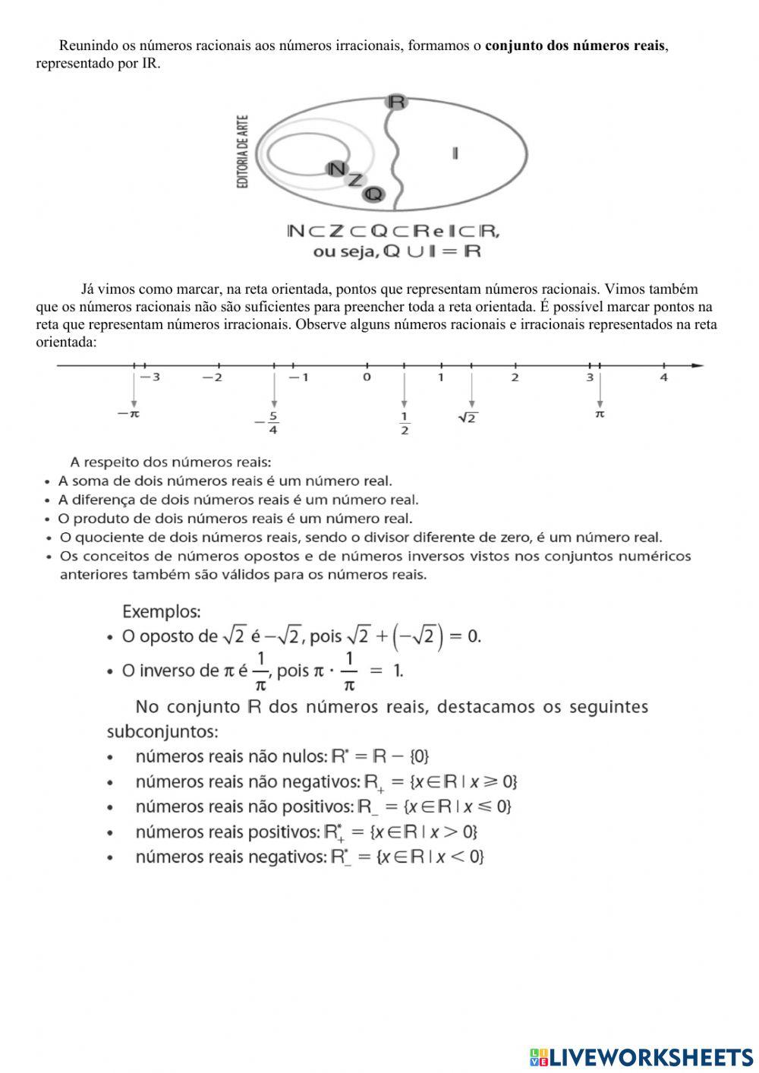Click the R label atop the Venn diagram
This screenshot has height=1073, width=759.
[396, 102]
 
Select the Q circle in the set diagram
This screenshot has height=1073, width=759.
[373, 194]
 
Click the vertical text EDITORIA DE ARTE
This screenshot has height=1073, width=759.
[243, 152]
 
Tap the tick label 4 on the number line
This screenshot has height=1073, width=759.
[663, 377]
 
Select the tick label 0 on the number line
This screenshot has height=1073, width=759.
[367, 377]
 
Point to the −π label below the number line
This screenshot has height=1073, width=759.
[129, 415]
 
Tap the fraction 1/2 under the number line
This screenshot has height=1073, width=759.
[404, 424]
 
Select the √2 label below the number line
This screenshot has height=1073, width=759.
[468, 418]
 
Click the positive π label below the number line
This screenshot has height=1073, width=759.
[600, 415]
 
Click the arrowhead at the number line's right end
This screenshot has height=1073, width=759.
[698, 366]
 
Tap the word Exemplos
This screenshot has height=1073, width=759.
[161, 611]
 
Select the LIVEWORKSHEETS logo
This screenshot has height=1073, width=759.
[641, 1056]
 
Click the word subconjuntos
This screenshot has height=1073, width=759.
[162, 732]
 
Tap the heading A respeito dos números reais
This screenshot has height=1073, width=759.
[171, 462]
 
